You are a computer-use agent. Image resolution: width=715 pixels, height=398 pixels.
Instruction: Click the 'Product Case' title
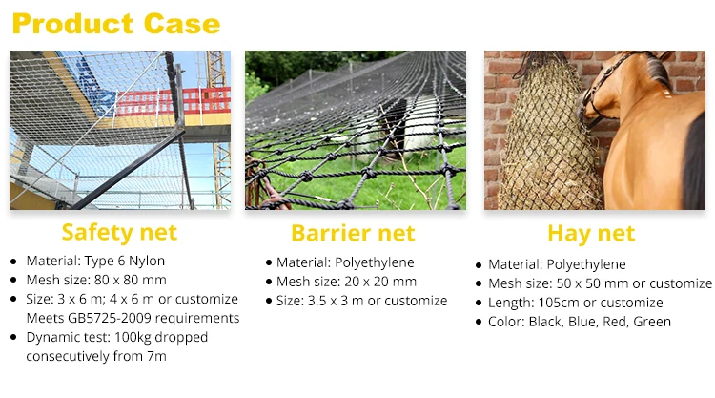pos(115,23)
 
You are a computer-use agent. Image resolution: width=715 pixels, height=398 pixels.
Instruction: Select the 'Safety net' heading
pos(119,232)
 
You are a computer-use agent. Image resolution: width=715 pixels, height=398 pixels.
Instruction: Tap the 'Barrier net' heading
pos(353,233)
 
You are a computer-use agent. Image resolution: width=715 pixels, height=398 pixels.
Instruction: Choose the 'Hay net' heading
pos(591,233)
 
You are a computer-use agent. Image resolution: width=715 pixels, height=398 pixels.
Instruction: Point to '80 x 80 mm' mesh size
pos(128,280)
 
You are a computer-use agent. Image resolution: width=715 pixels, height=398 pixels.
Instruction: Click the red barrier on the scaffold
pos(181,100)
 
